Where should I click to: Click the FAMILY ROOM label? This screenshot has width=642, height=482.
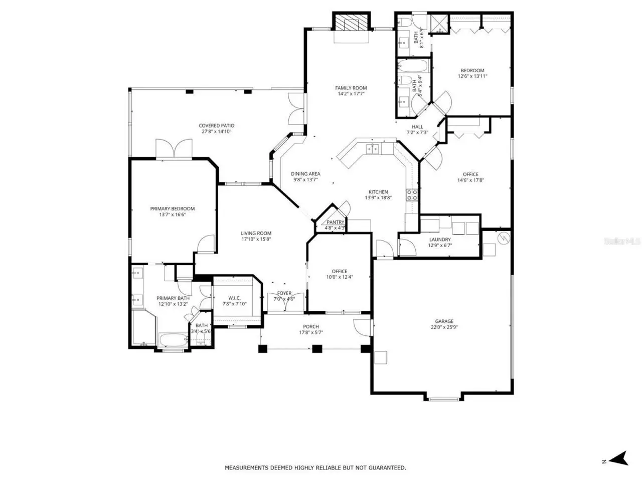tap(351, 88)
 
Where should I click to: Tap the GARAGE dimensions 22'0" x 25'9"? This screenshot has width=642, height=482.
tap(444, 327)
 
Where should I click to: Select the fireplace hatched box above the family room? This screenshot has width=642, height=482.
tap(351, 22)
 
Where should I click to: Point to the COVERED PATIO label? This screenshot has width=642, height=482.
tap(217, 126)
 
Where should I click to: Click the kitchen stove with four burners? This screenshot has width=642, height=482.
tap(411, 195)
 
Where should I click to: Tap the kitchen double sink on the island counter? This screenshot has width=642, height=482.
tap(372, 149)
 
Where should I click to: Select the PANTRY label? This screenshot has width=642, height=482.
tap(335, 222)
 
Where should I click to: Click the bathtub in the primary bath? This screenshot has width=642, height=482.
tap(173, 340)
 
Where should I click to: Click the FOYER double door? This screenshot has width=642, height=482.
tap(285, 302)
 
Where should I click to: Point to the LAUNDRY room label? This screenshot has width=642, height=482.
tap(440, 239)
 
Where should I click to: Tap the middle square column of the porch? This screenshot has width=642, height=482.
tap(317, 349)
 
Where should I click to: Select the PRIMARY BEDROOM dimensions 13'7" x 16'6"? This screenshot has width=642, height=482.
tap(173, 214)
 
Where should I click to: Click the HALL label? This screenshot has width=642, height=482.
tap(417, 127)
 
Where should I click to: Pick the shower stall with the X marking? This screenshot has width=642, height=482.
tap(439, 23)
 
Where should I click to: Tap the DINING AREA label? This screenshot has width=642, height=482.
tap(305, 174)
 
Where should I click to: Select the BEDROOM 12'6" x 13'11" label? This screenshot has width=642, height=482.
tap(472, 73)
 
